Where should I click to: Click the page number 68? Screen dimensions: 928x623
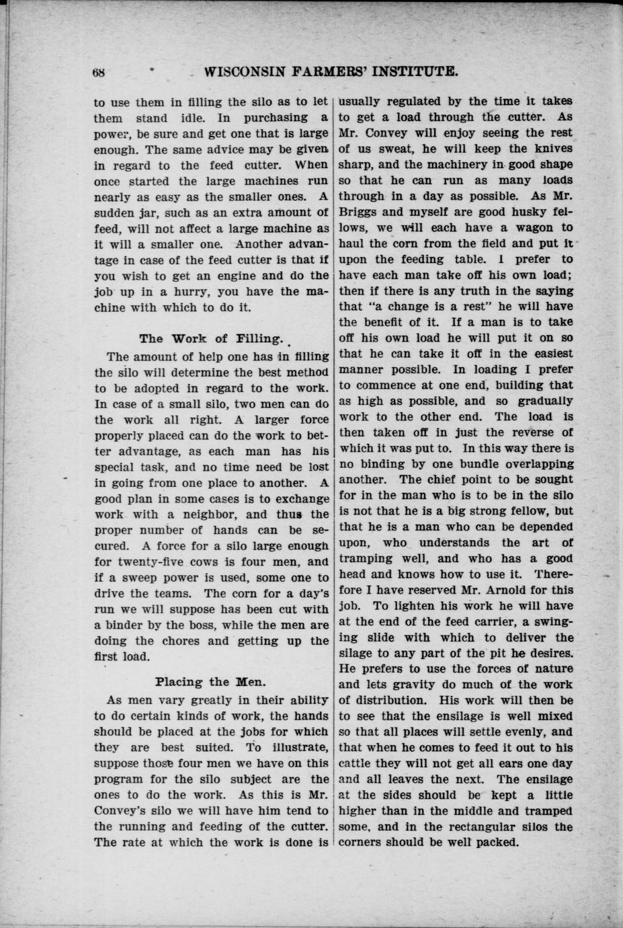click(100, 72)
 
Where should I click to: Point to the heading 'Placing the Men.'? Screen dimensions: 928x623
click(210, 681)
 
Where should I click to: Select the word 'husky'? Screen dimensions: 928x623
click(516, 212)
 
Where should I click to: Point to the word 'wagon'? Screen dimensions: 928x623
click(524, 228)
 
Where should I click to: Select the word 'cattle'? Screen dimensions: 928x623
click(358, 764)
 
